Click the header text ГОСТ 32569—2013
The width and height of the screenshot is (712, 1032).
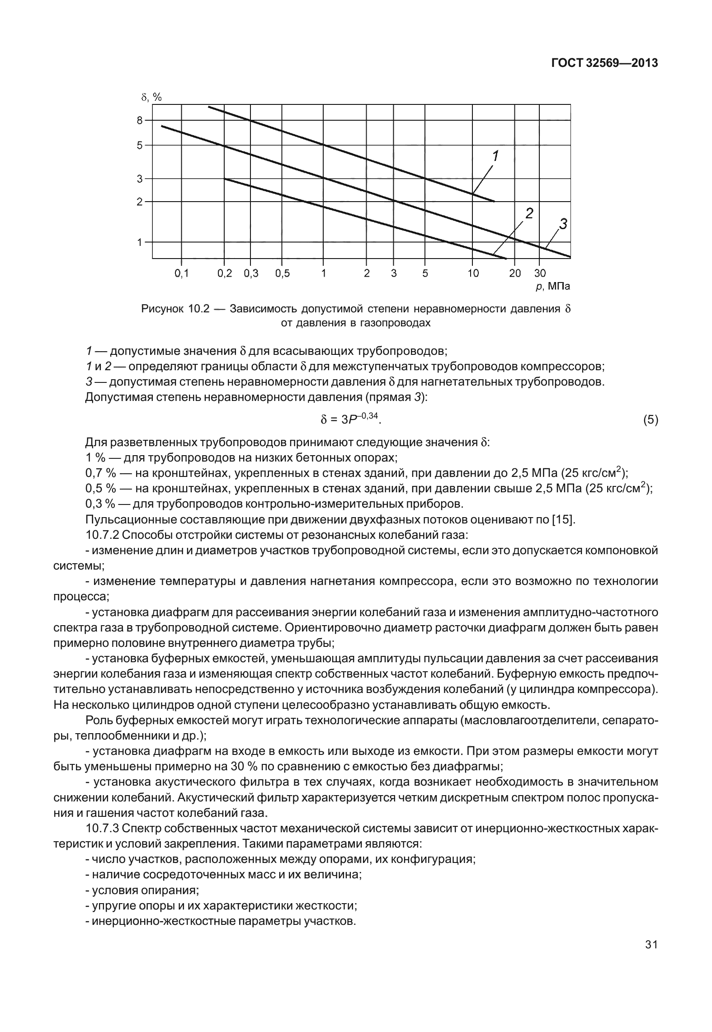coord(604,63)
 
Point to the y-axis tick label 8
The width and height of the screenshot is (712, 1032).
coord(140,121)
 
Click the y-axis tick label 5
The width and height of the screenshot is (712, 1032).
coord(140,146)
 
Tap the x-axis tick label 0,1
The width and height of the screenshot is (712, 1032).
coord(181,273)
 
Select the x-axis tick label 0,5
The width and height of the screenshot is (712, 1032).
coord(282,273)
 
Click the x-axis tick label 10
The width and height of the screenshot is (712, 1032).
coord(473,273)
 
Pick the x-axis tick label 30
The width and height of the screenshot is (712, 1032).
coord(540,273)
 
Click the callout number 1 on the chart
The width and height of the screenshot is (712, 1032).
coord(495,156)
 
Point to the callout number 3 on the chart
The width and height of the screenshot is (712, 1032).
coord(563,223)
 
